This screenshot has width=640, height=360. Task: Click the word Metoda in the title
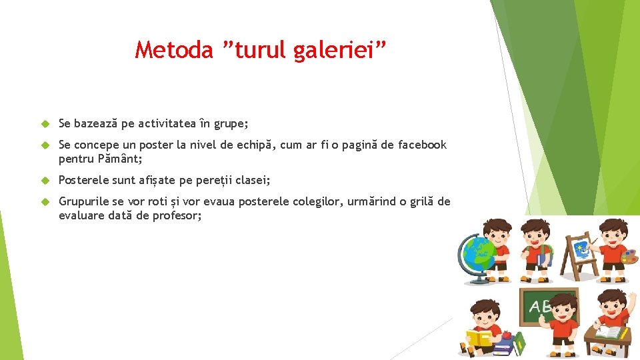(x=173, y=49)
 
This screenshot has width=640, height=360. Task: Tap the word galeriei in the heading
(x=333, y=50)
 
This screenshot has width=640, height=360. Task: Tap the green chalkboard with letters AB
(x=543, y=307)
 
